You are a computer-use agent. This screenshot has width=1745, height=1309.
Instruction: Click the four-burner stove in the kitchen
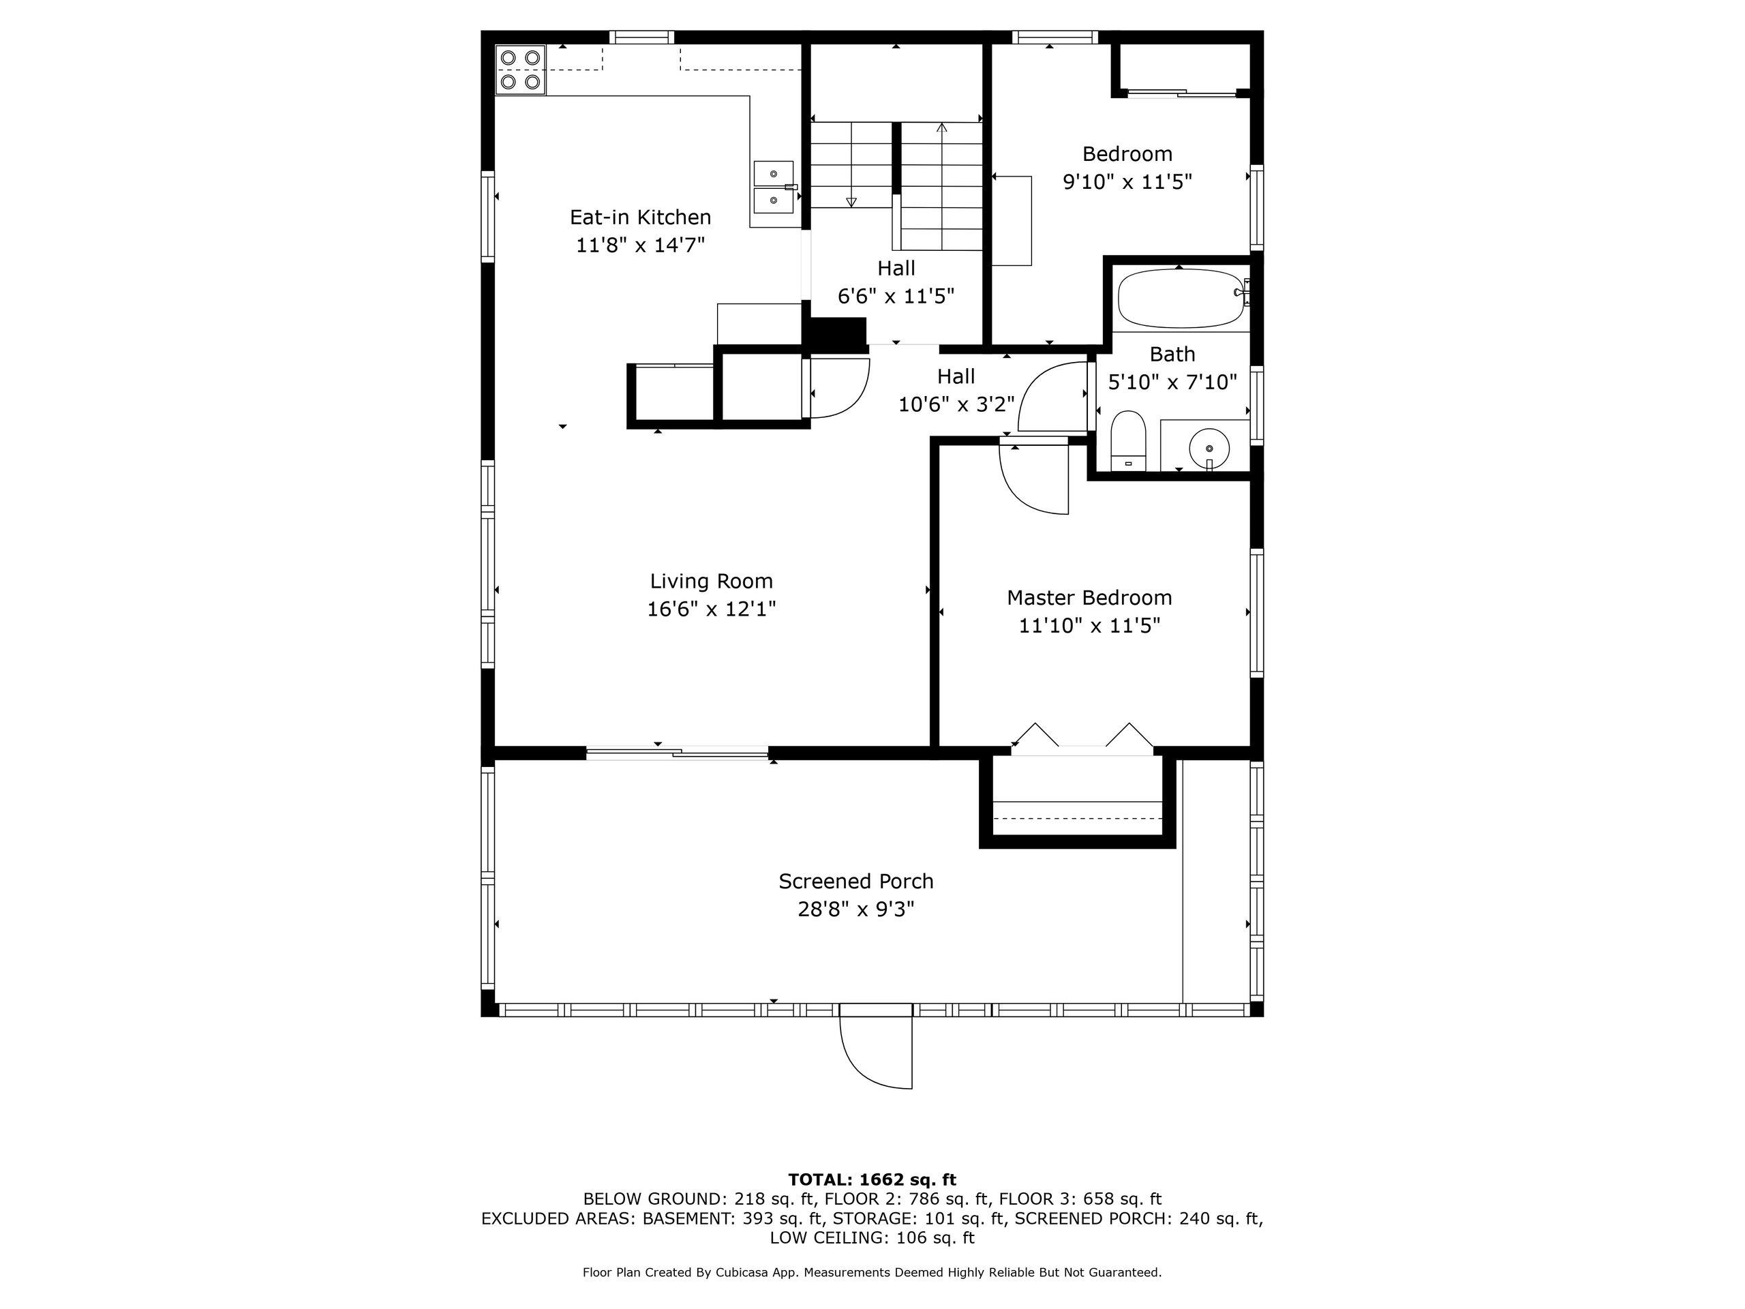pyautogui.click(x=520, y=70)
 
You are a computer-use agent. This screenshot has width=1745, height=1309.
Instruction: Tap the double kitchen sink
pyautogui.click(x=774, y=187)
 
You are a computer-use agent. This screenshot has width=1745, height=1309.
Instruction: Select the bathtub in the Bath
pyautogui.click(x=1179, y=298)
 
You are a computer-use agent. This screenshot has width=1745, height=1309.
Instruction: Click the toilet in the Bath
pyautogui.click(x=1128, y=440)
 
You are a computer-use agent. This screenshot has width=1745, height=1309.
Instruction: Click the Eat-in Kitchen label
pyautogui.click(x=640, y=217)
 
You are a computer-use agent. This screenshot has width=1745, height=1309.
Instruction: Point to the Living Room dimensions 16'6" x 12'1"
pyautogui.click(x=712, y=609)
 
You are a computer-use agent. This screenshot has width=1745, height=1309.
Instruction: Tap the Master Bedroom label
pyautogui.click(x=1089, y=597)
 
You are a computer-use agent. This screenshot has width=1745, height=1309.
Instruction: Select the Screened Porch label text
pyautogui.click(x=855, y=882)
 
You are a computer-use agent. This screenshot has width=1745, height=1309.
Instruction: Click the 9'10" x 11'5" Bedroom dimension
pyautogui.click(x=1127, y=182)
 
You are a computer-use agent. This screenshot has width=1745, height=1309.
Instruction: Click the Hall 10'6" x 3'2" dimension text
pyautogui.click(x=956, y=405)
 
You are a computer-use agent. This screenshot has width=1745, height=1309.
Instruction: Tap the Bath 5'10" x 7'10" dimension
pyautogui.click(x=1172, y=382)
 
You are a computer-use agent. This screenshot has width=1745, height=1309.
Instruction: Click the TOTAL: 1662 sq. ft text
pyautogui.click(x=872, y=1179)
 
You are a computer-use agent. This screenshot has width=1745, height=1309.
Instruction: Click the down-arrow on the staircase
pyautogui.click(x=851, y=202)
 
